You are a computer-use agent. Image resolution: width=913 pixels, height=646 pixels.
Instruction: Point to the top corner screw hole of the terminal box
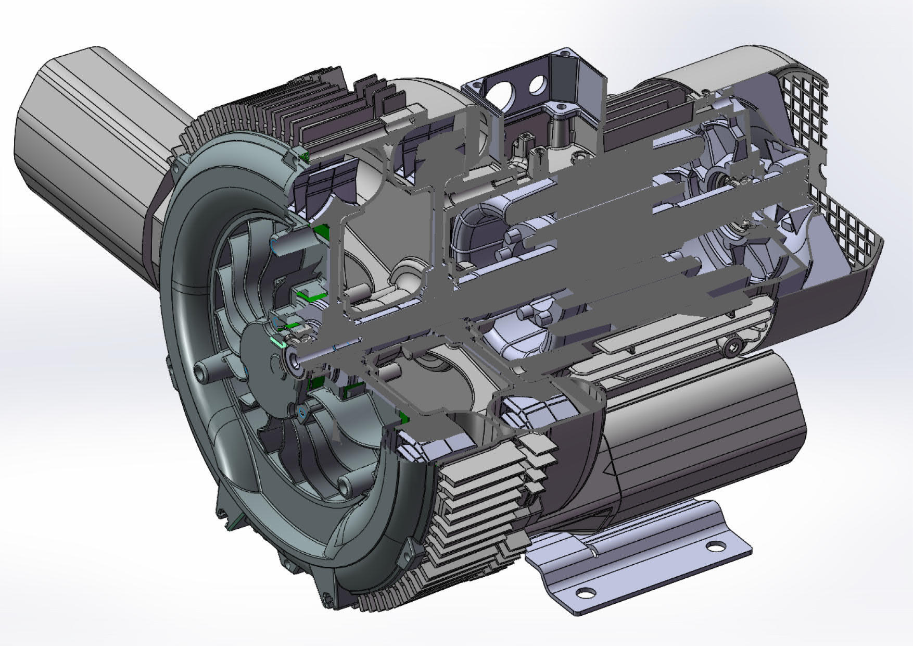pos(564,53)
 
